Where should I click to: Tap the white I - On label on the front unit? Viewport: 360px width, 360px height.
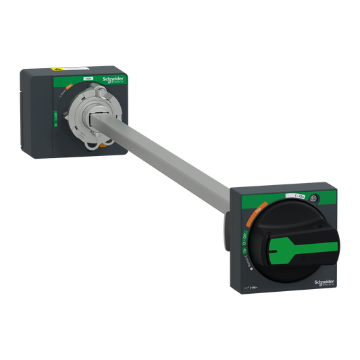tap(294, 196)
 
